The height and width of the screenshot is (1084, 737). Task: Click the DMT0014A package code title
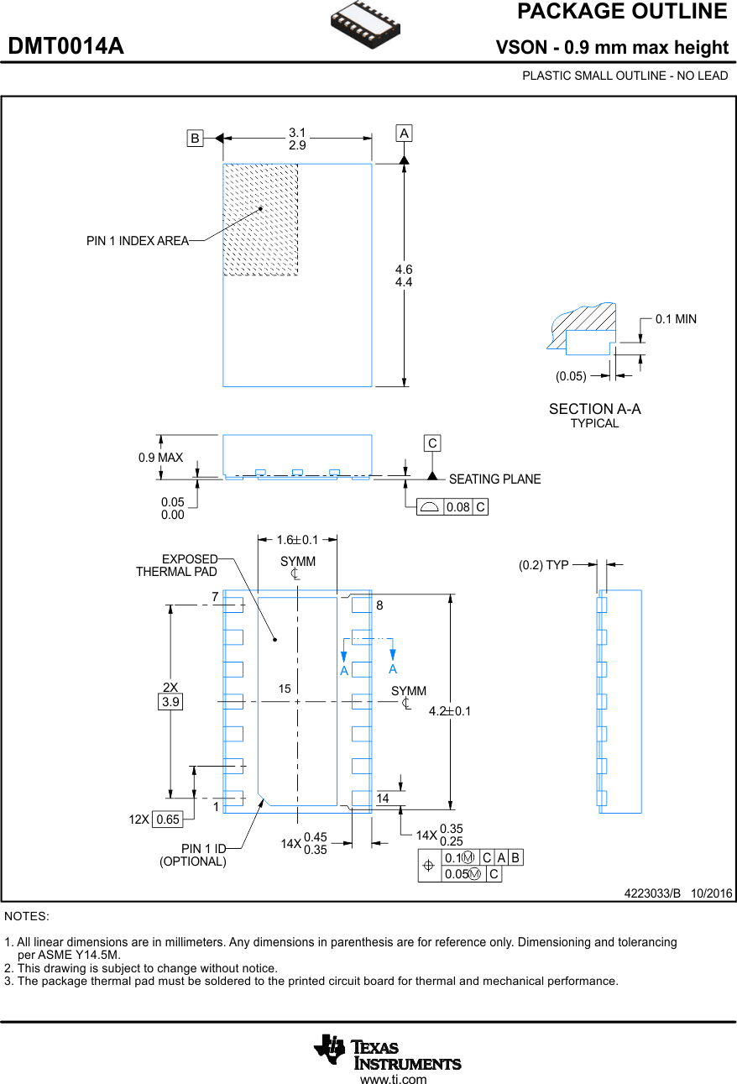66,47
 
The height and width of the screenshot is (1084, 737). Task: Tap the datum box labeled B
195,139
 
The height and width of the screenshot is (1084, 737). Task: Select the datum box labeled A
404,134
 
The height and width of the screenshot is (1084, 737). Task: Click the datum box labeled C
431,443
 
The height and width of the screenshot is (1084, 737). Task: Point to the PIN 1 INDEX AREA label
137,241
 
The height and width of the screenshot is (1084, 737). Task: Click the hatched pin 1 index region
260,220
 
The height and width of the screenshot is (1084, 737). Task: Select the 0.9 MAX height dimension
160,458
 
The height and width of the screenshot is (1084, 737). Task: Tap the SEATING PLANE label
494,479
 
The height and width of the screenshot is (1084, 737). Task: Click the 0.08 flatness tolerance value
457,507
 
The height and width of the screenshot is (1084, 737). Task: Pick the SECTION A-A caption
594,409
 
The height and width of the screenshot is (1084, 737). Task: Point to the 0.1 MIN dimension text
676,319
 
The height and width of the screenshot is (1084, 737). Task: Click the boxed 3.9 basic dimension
170,702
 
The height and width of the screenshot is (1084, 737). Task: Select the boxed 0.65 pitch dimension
168,820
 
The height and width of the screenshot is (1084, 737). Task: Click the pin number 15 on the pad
285,689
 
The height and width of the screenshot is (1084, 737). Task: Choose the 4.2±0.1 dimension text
450,711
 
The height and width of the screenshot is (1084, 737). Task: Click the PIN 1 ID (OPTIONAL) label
193,855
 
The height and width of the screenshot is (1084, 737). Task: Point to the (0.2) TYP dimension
543,565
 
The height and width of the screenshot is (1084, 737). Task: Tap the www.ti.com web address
393,1079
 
